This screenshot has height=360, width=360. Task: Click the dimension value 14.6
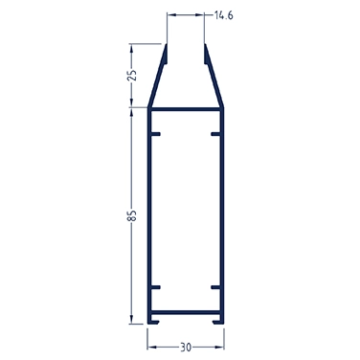(x=223, y=15)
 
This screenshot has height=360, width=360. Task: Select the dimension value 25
(x=132, y=75)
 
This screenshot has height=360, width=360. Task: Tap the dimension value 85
(x=132, y=215)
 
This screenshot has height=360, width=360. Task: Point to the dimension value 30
(x=186, y=348)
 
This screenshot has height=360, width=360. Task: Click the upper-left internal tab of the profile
(x=155, y=134)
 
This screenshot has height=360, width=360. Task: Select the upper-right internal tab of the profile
(x=216, y=134)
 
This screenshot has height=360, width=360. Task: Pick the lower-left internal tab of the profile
(x=155, y=287)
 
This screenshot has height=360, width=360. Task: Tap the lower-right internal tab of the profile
(x=216, y=287)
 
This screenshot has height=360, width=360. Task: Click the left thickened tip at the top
(x=166, y=55)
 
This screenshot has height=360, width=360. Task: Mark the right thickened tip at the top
(x=206, y=55)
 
